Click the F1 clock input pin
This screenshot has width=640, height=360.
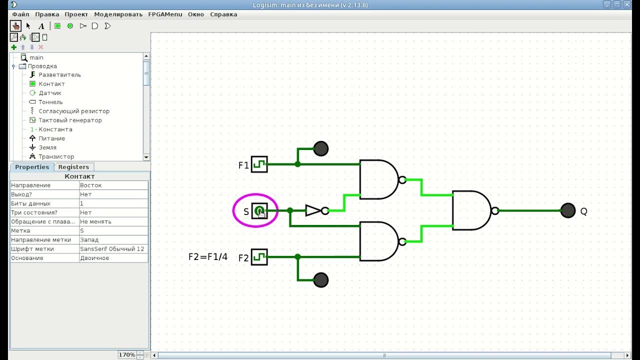click(259, 164)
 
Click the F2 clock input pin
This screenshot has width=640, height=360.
click(259, 257)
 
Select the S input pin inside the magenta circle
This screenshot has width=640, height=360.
click(259, 211)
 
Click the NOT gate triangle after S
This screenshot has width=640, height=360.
click(313, 210)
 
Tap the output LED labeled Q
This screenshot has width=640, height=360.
click(567, 210)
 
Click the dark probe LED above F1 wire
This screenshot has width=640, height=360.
click(320, 148)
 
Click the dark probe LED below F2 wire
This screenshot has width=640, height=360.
click(320, 280)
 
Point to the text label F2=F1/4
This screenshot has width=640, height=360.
click(207, 257)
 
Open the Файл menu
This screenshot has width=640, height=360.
click(20, 14)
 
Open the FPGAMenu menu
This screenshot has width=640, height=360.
click(165, 14)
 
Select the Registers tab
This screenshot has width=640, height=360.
click(73, 167)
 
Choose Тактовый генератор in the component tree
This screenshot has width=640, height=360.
click(70, 120)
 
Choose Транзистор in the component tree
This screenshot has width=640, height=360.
click(56, 156)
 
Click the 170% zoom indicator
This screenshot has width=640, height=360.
click(127, 355)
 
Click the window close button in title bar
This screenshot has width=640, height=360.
click(627, 4)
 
